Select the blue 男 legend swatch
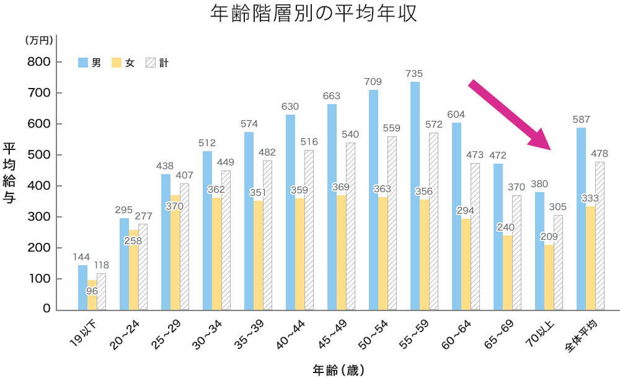coord(82,63)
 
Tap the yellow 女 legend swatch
coord(116,63)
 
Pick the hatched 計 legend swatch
coord(149,63)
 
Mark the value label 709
coord(373,81)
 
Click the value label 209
coord(549,236)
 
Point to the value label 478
coord(600,153)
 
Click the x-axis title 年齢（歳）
coord(338,370)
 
